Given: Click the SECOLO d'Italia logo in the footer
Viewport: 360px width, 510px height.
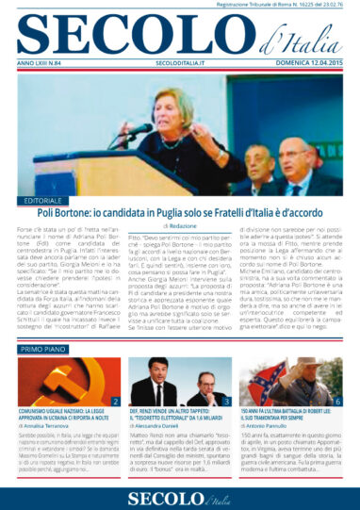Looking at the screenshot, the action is [x=179, y=493].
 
